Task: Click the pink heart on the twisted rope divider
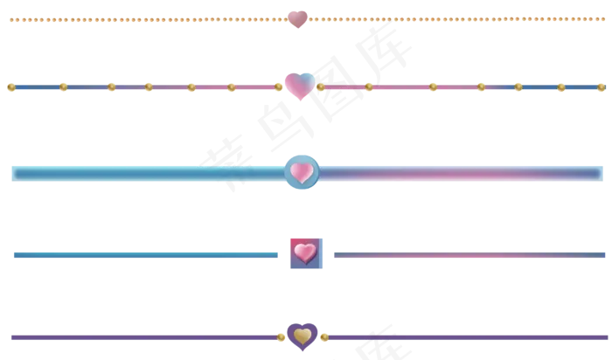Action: [297, 17]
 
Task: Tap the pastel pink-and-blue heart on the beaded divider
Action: [298, 85]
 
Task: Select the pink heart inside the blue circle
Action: [301, 172]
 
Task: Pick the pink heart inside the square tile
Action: [305, 253]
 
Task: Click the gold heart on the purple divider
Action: [303, 336]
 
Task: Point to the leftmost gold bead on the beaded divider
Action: [11, 87]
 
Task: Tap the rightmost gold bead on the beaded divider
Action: [600, 87]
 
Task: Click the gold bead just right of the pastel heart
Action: [321, 87]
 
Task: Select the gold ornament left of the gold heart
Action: [282, 336]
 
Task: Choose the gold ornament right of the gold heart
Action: [323, 336]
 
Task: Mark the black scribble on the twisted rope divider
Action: [381, 24]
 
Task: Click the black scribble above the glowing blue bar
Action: [223, 163]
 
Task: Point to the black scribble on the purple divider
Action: [381, 333]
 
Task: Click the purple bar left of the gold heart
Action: [140, 336]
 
